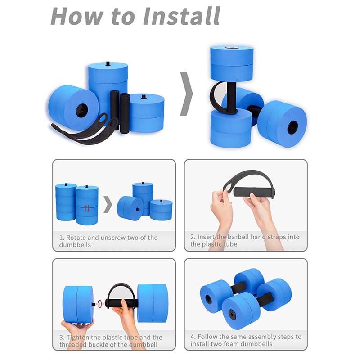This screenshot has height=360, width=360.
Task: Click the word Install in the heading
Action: (x=181, y=16)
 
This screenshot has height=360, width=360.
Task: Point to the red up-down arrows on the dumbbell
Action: (x=87, y=208)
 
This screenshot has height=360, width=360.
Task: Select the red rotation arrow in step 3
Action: (x=100, y=304)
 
